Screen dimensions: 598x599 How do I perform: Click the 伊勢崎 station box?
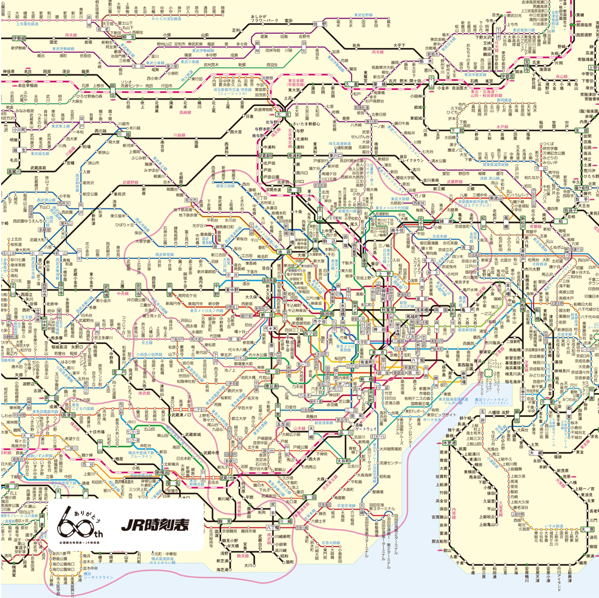tap(19, 38)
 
